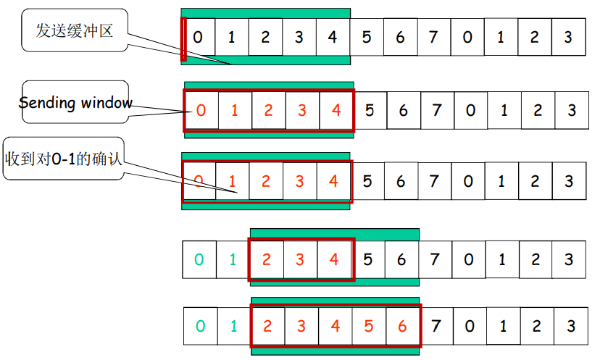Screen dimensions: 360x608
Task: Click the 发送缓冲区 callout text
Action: [x=75, y=30]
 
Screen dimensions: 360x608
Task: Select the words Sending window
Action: [x=75, y=103]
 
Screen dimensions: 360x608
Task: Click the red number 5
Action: [x=369, y=326]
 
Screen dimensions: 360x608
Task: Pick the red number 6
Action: [x=402, y=326]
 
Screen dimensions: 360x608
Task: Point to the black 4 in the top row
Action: [x=333, y=37]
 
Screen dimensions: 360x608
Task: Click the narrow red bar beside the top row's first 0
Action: [x=183, y=38]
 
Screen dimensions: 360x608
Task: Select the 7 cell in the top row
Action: [x=433, y=37]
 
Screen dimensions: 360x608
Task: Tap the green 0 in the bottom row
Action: [x=200, y=326]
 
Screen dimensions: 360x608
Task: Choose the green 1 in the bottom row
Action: [x=233, y=326]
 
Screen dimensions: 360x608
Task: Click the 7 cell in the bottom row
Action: [x=436, y=326]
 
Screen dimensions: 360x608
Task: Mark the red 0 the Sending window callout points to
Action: [x=201, y=111]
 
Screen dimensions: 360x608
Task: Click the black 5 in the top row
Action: [x=367, y=37]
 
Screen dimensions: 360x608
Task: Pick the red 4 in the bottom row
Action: [x=335, y=326]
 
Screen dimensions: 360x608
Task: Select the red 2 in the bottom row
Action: [x=267, y=326]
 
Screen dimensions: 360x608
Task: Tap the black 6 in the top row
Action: [x=400, y=37]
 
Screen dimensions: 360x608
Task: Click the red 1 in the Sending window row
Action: [x=234, y=111]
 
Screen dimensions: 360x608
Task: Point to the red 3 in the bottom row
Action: [x=301, y=326]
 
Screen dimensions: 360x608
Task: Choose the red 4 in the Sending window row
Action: [x=336, y=111]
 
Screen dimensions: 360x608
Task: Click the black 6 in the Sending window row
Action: [x=404, y=111]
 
